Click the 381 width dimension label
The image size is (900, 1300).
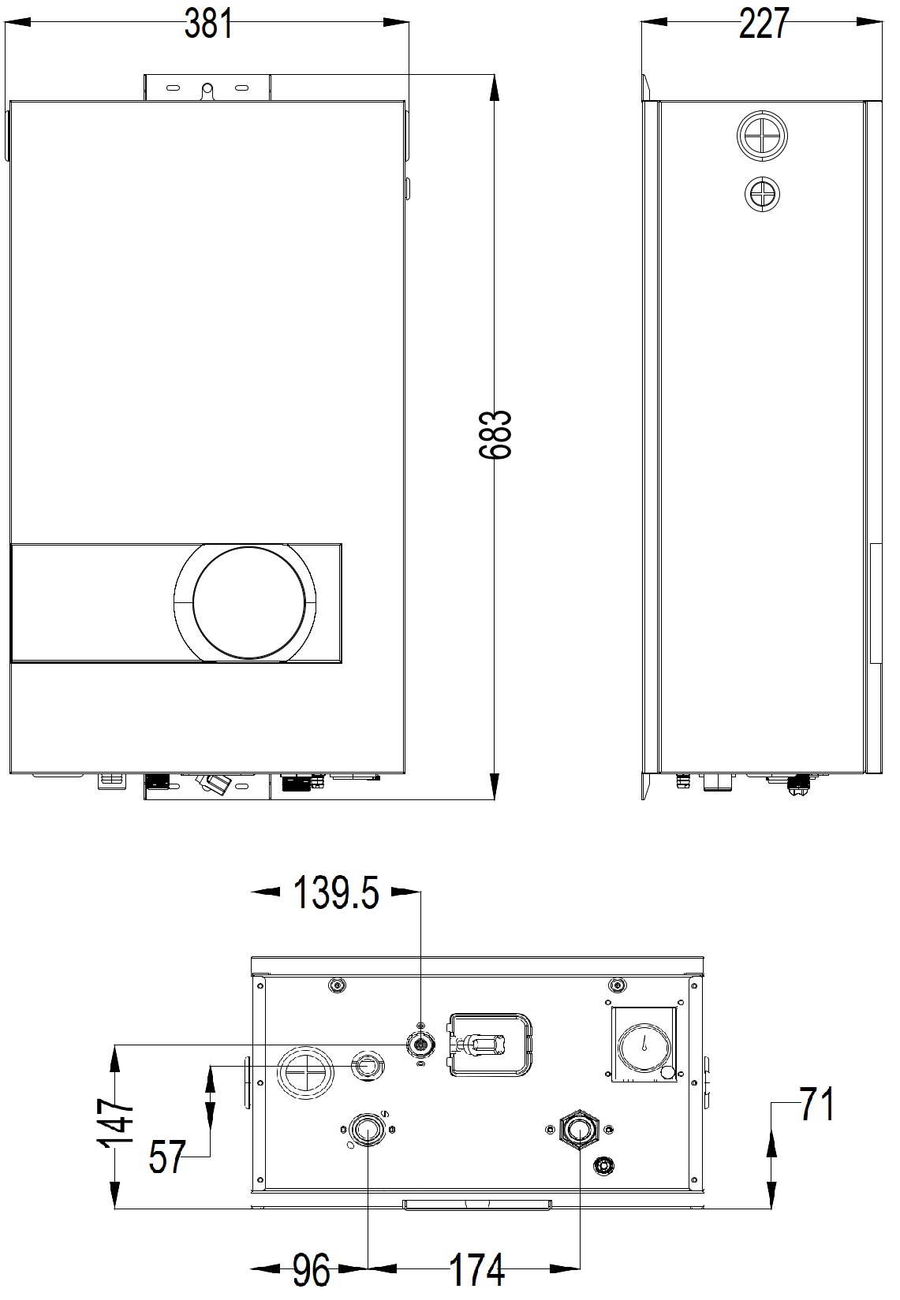pyautogui.click(x=209, y=25)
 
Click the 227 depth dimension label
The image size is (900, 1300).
pyautogui.click(x=763, y=25)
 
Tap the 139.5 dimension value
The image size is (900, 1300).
pyautogui.click(x=337, y=893)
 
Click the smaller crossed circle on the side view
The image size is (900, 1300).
pyautogui.click(x=762, y=194)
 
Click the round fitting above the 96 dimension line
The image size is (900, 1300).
pyautogui.click(x=366, y=1131)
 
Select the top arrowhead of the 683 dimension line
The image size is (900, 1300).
pyautogui.click(x=495, y=87)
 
